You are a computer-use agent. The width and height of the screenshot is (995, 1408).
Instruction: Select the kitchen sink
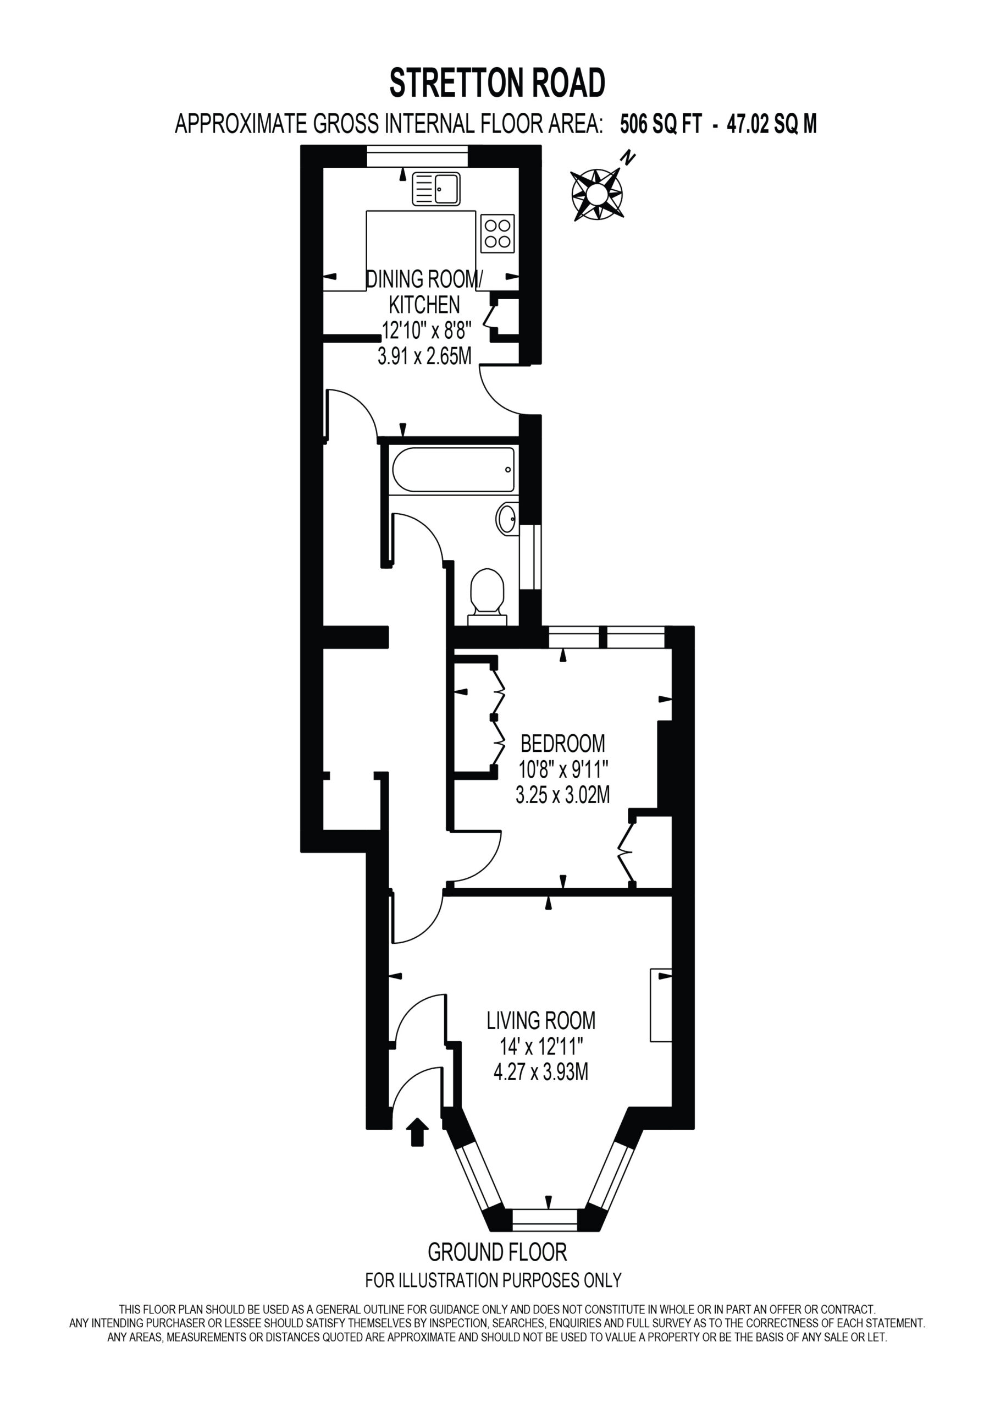point(436,188)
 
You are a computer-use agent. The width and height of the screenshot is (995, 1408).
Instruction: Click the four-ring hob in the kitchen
point(497,233)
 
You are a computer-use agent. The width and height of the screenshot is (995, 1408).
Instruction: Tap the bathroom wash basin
point(507,519)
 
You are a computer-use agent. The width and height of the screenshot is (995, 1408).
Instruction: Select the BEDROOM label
point(563,743)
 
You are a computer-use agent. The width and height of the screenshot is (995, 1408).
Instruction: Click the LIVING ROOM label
point(541,1021)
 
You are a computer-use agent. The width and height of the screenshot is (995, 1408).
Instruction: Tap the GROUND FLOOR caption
point(497,1252)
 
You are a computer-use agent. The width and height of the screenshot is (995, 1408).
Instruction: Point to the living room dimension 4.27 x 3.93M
point(541,1072)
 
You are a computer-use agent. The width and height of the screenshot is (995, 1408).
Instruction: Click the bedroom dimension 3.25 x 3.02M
point(563,795)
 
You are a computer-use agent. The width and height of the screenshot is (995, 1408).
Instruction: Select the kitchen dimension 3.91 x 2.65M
point(424,356)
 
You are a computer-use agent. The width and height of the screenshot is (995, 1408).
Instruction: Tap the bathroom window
point(530,558)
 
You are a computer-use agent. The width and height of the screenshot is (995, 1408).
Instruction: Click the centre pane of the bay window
point(545,1220)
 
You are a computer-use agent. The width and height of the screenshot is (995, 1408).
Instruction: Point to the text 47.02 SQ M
point(772,124)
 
